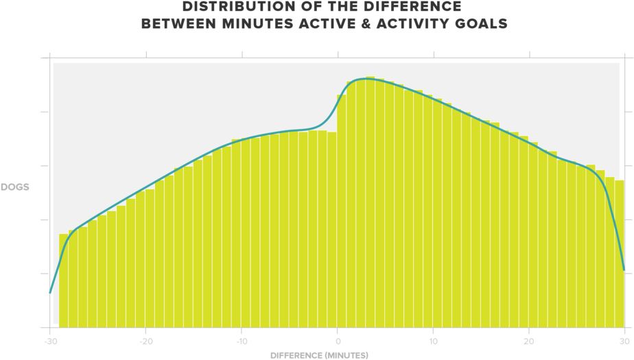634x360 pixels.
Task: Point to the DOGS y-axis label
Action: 14,187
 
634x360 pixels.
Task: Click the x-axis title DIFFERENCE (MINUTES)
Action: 318,355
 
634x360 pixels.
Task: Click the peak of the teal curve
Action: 366,78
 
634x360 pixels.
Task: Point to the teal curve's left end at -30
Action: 50,292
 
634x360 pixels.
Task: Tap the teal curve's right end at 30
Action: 624,269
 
